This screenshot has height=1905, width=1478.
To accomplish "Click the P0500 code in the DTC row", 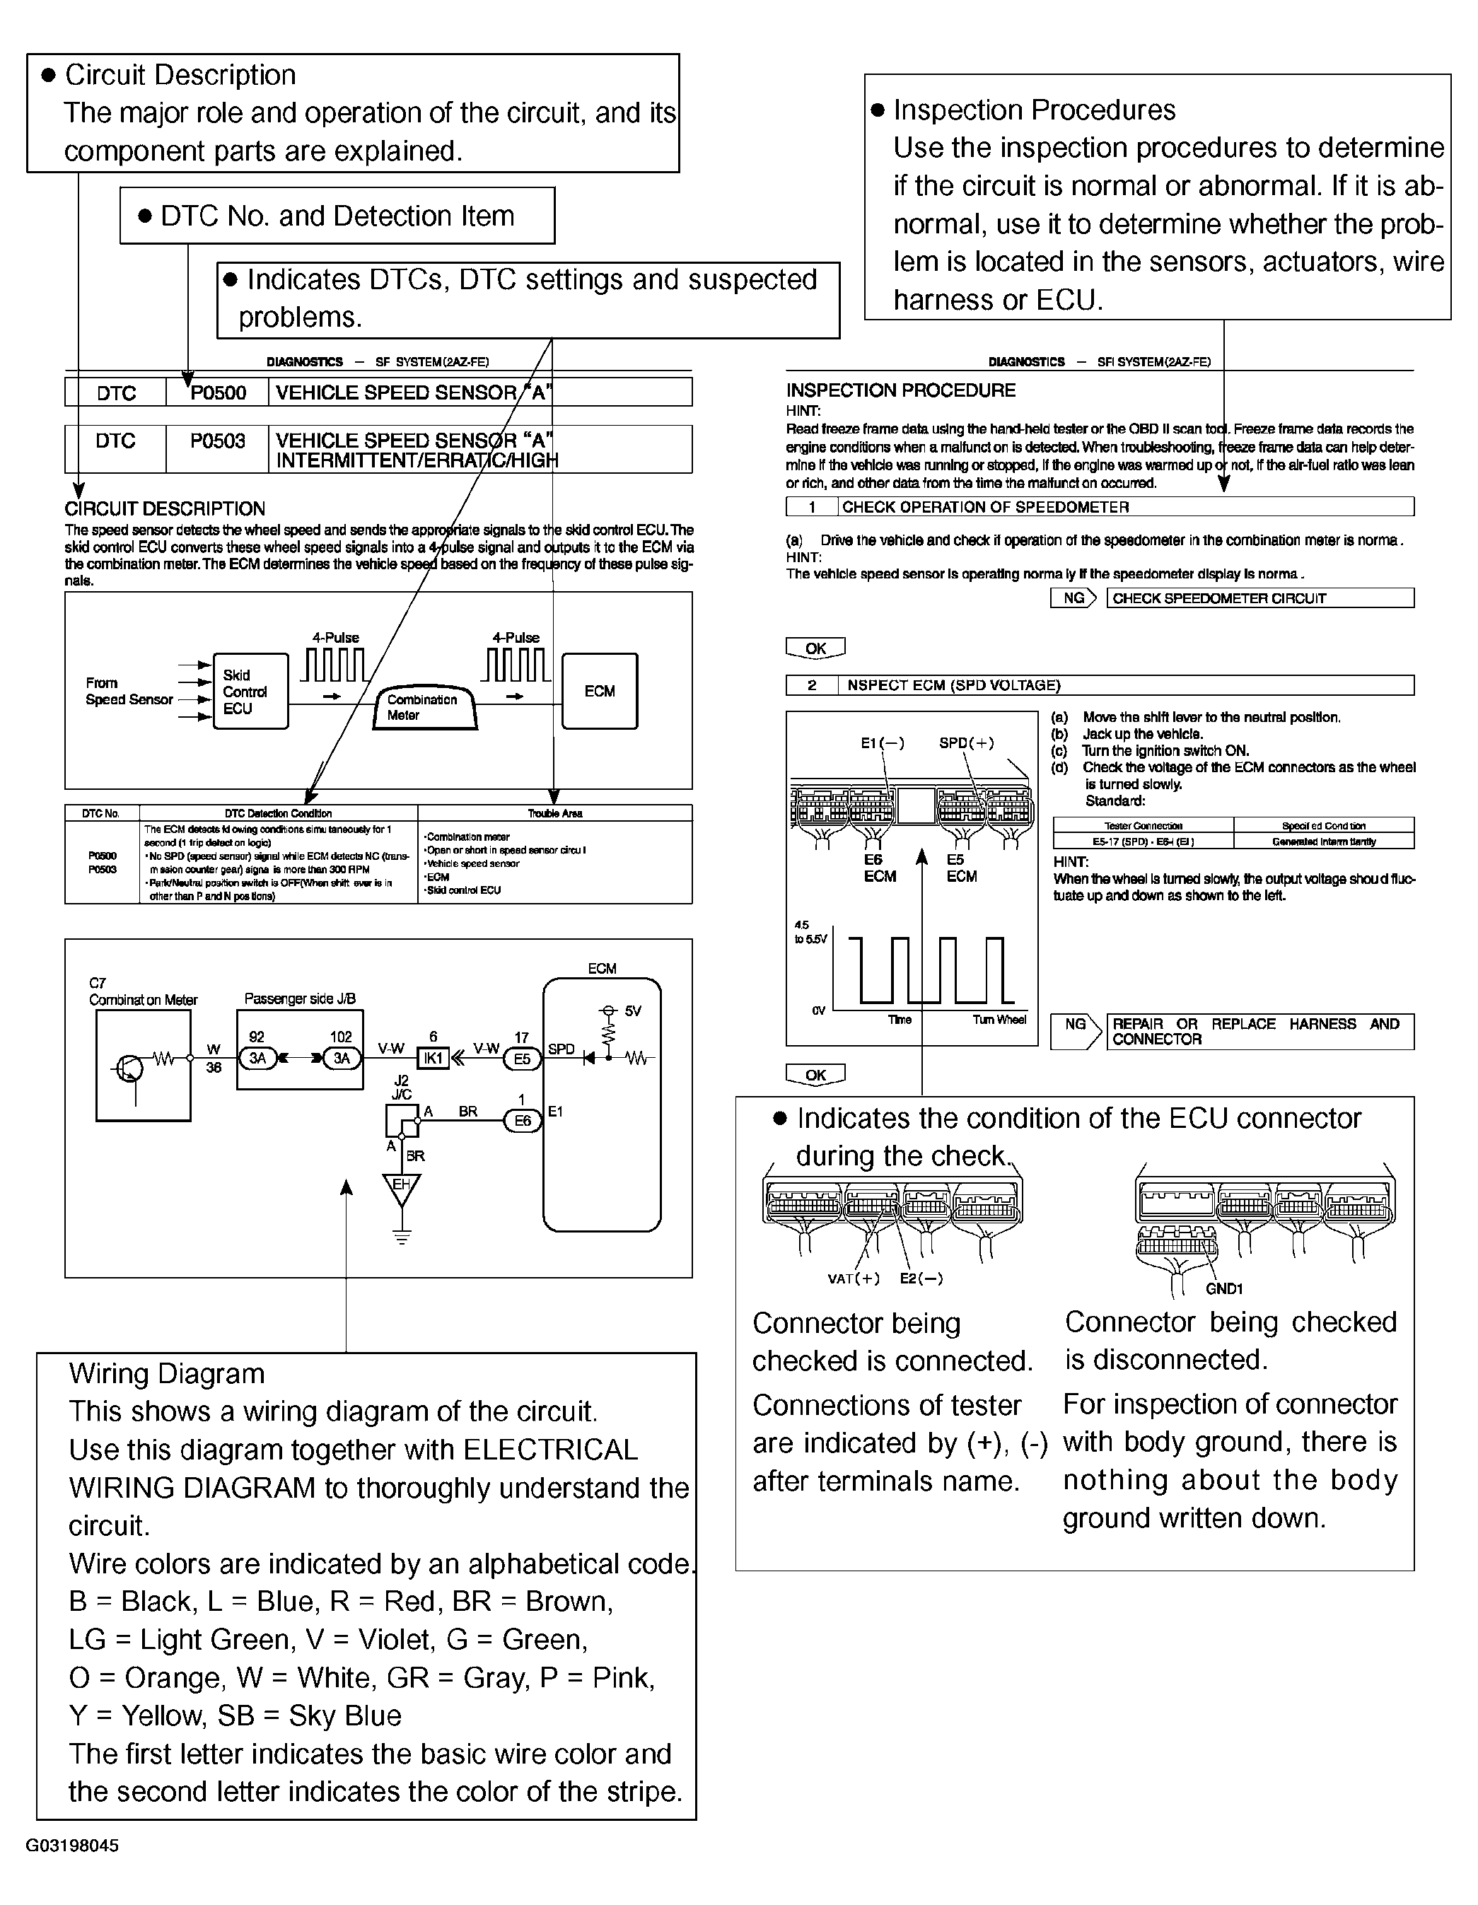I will tap(218, 393).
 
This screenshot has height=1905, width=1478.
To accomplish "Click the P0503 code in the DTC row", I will tap(218, 441).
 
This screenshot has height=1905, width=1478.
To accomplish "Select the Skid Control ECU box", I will tap(250, 692).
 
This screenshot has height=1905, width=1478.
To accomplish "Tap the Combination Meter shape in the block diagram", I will tap(426, 707).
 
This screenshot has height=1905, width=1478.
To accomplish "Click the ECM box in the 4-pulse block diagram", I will tap(600, 692).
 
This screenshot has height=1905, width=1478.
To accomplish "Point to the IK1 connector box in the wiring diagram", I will tap(433, 1059).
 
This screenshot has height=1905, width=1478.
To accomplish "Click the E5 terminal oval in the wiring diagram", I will tap(522, 1059).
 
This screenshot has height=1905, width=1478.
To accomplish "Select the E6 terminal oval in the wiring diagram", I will tap(522, 1121).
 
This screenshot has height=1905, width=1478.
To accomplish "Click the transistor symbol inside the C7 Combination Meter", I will tap(130, 1068).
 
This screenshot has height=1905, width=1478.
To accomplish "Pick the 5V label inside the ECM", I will tap(632, 1012).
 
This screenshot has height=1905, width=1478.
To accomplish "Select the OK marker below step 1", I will tap(815, 649).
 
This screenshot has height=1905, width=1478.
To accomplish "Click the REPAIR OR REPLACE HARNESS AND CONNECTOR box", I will tap(1259, 1032).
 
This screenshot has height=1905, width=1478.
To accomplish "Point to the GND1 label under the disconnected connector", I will tap(1223, 1289).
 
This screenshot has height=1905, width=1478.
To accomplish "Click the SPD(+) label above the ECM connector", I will tap(966, 743).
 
